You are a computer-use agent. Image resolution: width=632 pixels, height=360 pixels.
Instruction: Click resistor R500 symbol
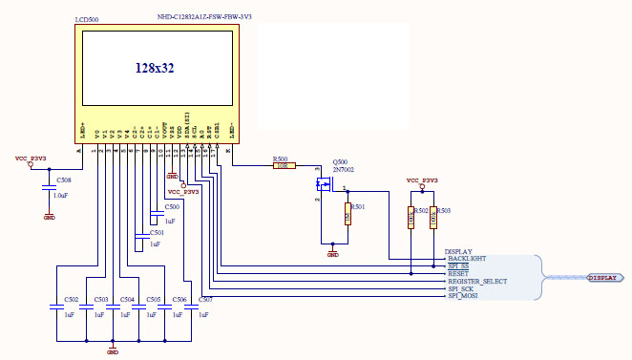point(281,166)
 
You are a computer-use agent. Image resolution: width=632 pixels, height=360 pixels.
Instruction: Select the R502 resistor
point(411,217)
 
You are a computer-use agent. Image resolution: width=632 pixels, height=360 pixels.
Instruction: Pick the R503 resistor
point(433,217)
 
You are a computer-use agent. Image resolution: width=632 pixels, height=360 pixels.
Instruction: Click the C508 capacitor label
point(63,180)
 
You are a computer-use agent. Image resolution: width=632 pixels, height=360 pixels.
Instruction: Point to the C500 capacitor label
point(172,206)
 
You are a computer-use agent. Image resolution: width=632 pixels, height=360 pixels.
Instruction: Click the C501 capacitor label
point(157,232)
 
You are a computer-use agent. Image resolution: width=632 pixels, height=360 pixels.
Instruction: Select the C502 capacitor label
point(72,300)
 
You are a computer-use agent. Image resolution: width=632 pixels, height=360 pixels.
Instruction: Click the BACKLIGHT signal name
point(467,259)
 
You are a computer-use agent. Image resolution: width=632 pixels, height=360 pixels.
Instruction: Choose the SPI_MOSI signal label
point(464,297)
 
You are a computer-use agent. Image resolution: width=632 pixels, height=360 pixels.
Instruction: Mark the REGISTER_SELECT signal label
point(477,282)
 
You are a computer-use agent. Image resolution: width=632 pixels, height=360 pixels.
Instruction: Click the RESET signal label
point(458,274)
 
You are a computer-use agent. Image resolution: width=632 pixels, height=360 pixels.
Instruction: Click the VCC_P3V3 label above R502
point(422,180)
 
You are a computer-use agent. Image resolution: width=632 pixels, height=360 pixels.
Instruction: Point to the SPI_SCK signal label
point(462,289)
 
